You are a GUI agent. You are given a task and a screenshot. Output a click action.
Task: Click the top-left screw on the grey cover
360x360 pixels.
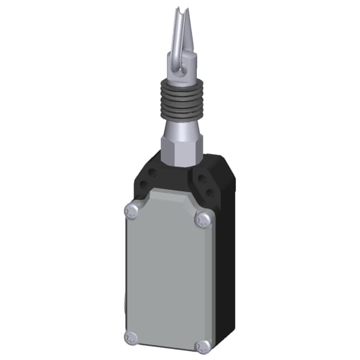click(131, 210)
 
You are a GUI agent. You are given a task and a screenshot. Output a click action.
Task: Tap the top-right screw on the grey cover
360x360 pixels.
click(205, 220)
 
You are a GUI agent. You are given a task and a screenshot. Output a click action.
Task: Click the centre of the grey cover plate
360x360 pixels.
click(168, 276)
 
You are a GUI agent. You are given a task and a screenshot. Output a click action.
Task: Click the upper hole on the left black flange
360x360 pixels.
click(152, 172)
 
